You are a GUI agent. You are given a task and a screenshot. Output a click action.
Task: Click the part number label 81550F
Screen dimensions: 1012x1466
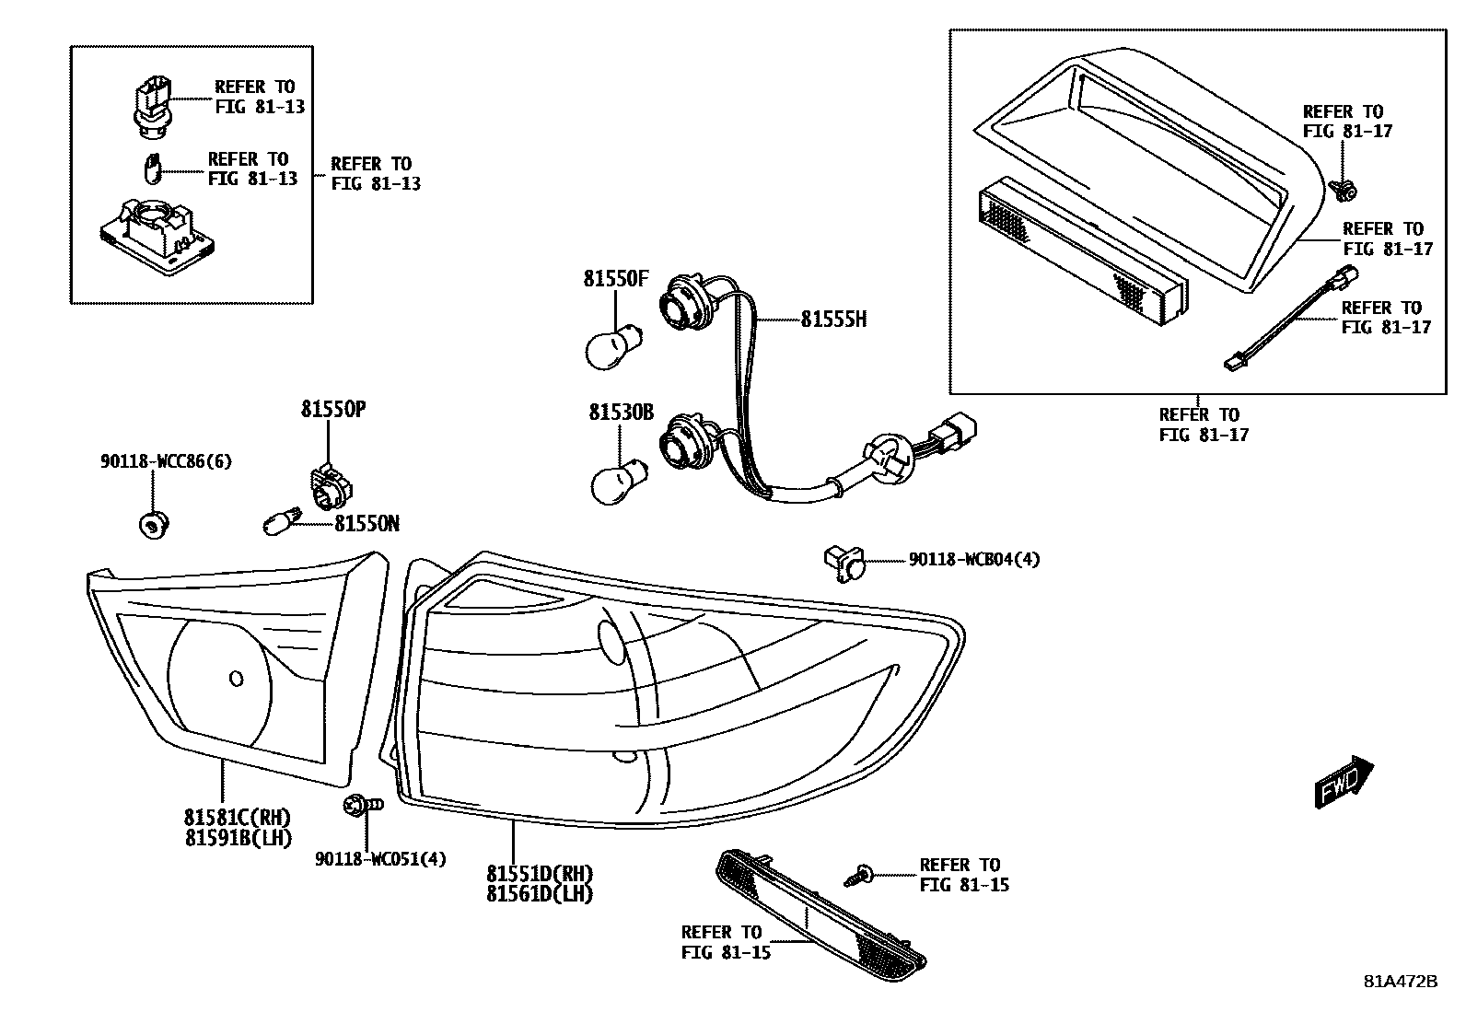(615, 279)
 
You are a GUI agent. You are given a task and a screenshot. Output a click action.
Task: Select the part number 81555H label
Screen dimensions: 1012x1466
(833, 320)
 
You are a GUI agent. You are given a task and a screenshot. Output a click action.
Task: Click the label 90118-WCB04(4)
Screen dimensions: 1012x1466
(973, 559)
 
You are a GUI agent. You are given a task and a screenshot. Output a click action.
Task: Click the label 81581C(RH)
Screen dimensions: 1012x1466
(238, 817)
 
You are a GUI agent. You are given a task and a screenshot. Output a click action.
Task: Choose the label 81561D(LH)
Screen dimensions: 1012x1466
(540, 893)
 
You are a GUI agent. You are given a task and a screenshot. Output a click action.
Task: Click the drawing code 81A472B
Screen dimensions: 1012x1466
(1401, 981)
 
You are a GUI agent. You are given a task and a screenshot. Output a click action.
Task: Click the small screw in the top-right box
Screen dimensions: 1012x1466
(1344, 191)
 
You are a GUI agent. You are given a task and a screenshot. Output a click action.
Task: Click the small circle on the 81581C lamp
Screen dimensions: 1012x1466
(236, 679)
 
